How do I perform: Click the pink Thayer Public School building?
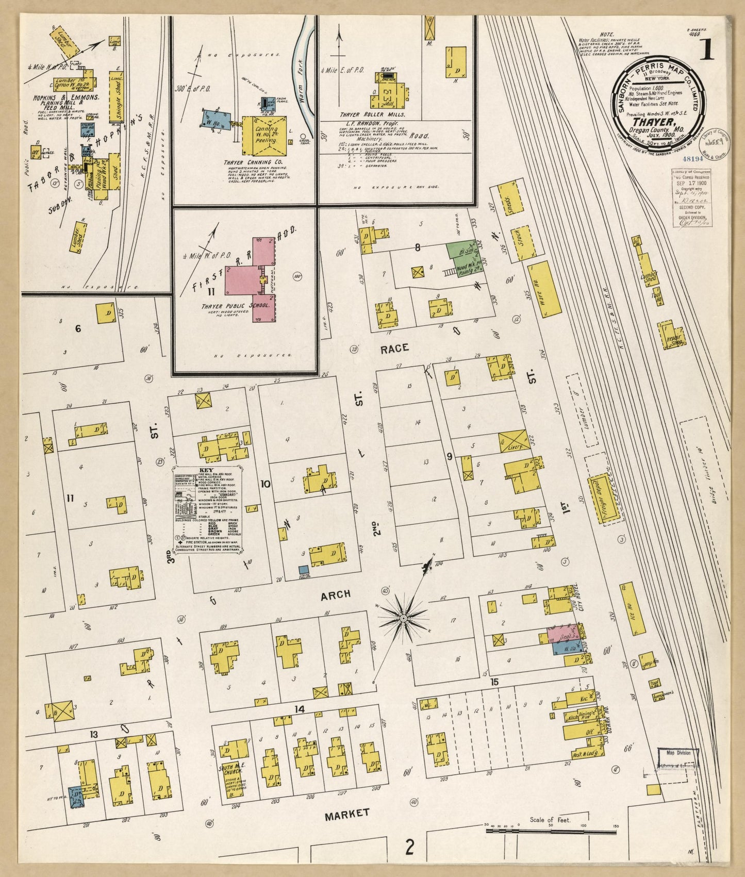[x=242, y=279]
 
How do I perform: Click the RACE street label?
[x=394, y=349]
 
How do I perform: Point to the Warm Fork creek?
[x=303, y=77]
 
